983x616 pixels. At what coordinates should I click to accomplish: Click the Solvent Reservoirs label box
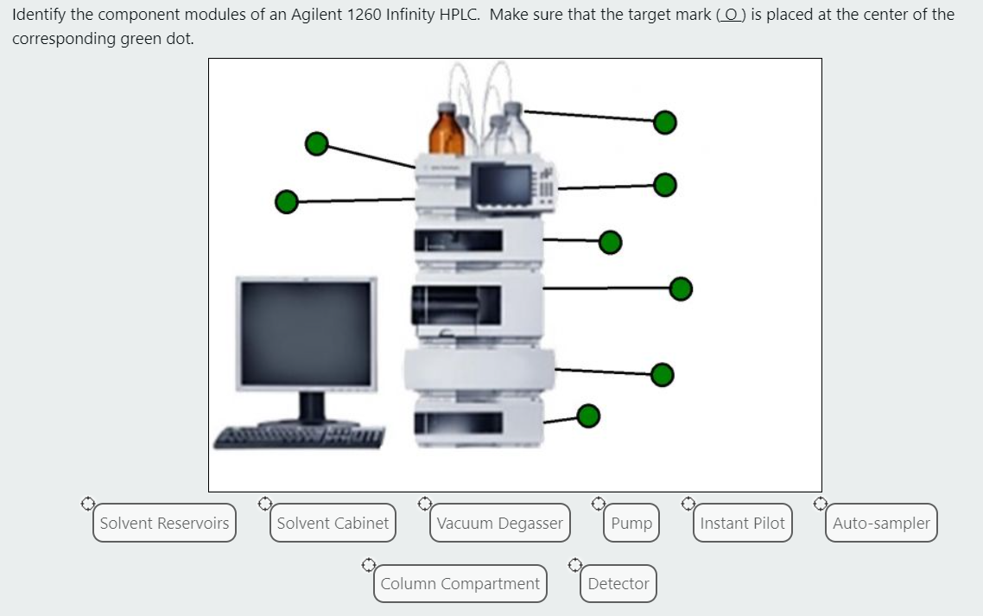click(164, 523)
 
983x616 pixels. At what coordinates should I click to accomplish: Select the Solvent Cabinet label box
click(333, 523)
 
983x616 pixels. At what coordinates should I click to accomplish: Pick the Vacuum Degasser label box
click(499, 523)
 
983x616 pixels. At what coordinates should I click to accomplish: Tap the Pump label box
click(631, 523)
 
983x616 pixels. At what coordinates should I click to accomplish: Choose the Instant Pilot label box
click(742, 523)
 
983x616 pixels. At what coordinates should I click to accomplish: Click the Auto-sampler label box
click(881, 523)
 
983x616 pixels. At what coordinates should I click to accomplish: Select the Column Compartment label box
click(460, 583)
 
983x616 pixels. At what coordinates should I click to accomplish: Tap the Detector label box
click(618, 583)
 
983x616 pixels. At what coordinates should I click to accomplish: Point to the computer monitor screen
click(308, 333)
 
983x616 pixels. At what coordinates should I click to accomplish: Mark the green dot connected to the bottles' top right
click(664, 123)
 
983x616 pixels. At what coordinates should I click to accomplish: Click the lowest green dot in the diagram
click(588, 416)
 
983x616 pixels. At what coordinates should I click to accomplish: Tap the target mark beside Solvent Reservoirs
click(87, 502)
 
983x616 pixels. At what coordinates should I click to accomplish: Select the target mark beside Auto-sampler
click(819, 502)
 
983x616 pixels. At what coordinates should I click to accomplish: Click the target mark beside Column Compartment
click(368, 565)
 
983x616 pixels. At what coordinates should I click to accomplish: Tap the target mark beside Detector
click(575, 565)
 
